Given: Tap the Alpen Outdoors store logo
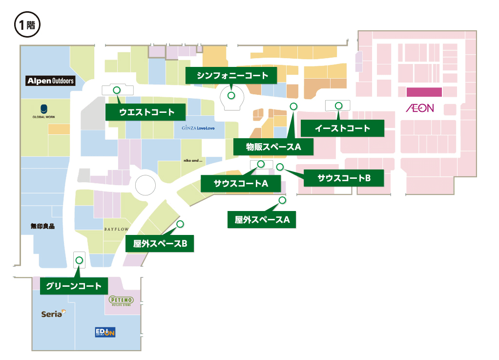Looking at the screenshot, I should point(51,81).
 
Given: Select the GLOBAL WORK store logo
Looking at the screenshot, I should point(43,112).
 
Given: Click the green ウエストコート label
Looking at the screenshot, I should point(146,112).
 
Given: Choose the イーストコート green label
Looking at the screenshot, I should point(342,128).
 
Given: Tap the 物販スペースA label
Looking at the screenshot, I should point(273,147).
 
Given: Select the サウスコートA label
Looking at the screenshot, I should point(241,184).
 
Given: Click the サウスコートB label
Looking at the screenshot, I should point(344,178).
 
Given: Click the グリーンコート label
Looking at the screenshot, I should point(73,286).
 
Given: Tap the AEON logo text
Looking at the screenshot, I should point(419,108).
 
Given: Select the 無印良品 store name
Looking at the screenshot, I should point(42,226).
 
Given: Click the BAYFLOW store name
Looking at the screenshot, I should point(116,229).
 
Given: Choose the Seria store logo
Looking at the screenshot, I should point(53,314).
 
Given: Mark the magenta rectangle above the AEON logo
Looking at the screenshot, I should point(424,92).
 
